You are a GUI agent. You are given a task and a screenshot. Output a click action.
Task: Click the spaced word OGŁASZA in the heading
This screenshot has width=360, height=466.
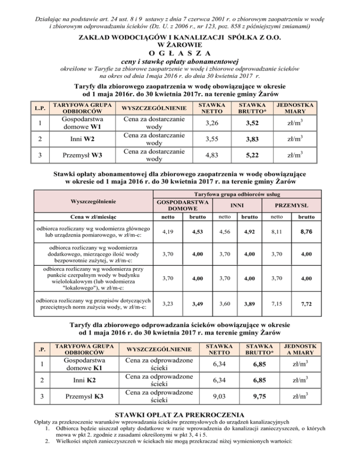180,52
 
